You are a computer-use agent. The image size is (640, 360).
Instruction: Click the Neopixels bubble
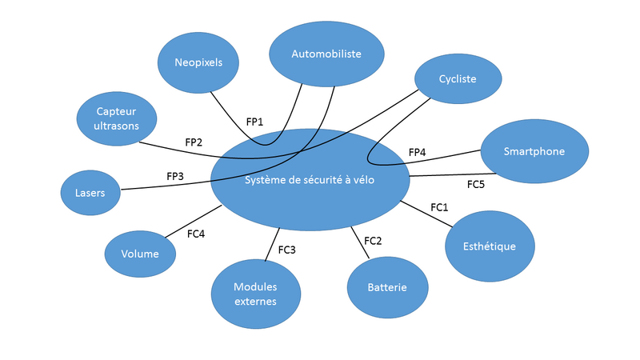[x=198, y=62]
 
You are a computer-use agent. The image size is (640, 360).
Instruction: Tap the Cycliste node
[x=458, y=78]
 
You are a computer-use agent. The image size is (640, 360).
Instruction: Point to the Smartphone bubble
[x=534, y=152]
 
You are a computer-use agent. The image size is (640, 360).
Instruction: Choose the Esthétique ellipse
[x=490, y=246]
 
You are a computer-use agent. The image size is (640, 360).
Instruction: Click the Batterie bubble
[x=387, y=287]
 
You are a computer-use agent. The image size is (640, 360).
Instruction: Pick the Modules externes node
[x=255, y=294]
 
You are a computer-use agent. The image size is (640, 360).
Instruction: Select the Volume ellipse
[x=141, y=254]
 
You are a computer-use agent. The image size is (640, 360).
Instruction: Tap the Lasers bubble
[x=90, y=193]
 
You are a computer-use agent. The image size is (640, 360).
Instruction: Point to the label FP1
[x=255, y=122]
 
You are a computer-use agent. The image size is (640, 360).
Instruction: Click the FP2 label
[x=194, y=142]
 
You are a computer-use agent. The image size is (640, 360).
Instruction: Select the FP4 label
[x=418, y=152]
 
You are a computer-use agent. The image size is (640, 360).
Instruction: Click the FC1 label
[x=439, y=207]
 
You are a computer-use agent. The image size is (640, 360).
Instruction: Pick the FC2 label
[x=373, y=240]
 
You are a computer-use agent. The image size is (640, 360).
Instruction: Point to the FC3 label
[x=287, y=250]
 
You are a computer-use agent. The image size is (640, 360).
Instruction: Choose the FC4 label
[x=196, y=234]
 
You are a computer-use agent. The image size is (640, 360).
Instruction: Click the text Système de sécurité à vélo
[x=310, y=180]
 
